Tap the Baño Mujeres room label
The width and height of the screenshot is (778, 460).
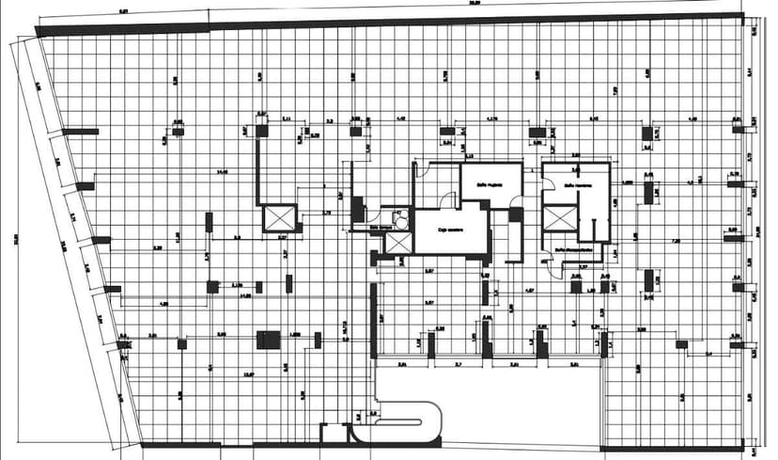[x=482, y=185]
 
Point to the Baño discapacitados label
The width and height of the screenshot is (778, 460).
[x=575, y=249]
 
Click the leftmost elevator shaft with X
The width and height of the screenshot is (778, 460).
[x=279, y=218]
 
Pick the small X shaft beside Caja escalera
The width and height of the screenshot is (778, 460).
[x=397, y=243]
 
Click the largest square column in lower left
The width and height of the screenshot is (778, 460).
[x=270, y=341]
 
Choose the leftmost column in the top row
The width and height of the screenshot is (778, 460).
[x=177, y=123]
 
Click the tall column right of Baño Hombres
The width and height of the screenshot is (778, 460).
[x=648, y=193]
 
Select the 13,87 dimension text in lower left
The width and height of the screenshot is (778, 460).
[x=248, y=374]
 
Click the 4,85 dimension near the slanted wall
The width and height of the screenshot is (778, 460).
[x=163, y=304]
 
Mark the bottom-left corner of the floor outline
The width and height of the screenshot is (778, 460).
[x=142, y=444]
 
